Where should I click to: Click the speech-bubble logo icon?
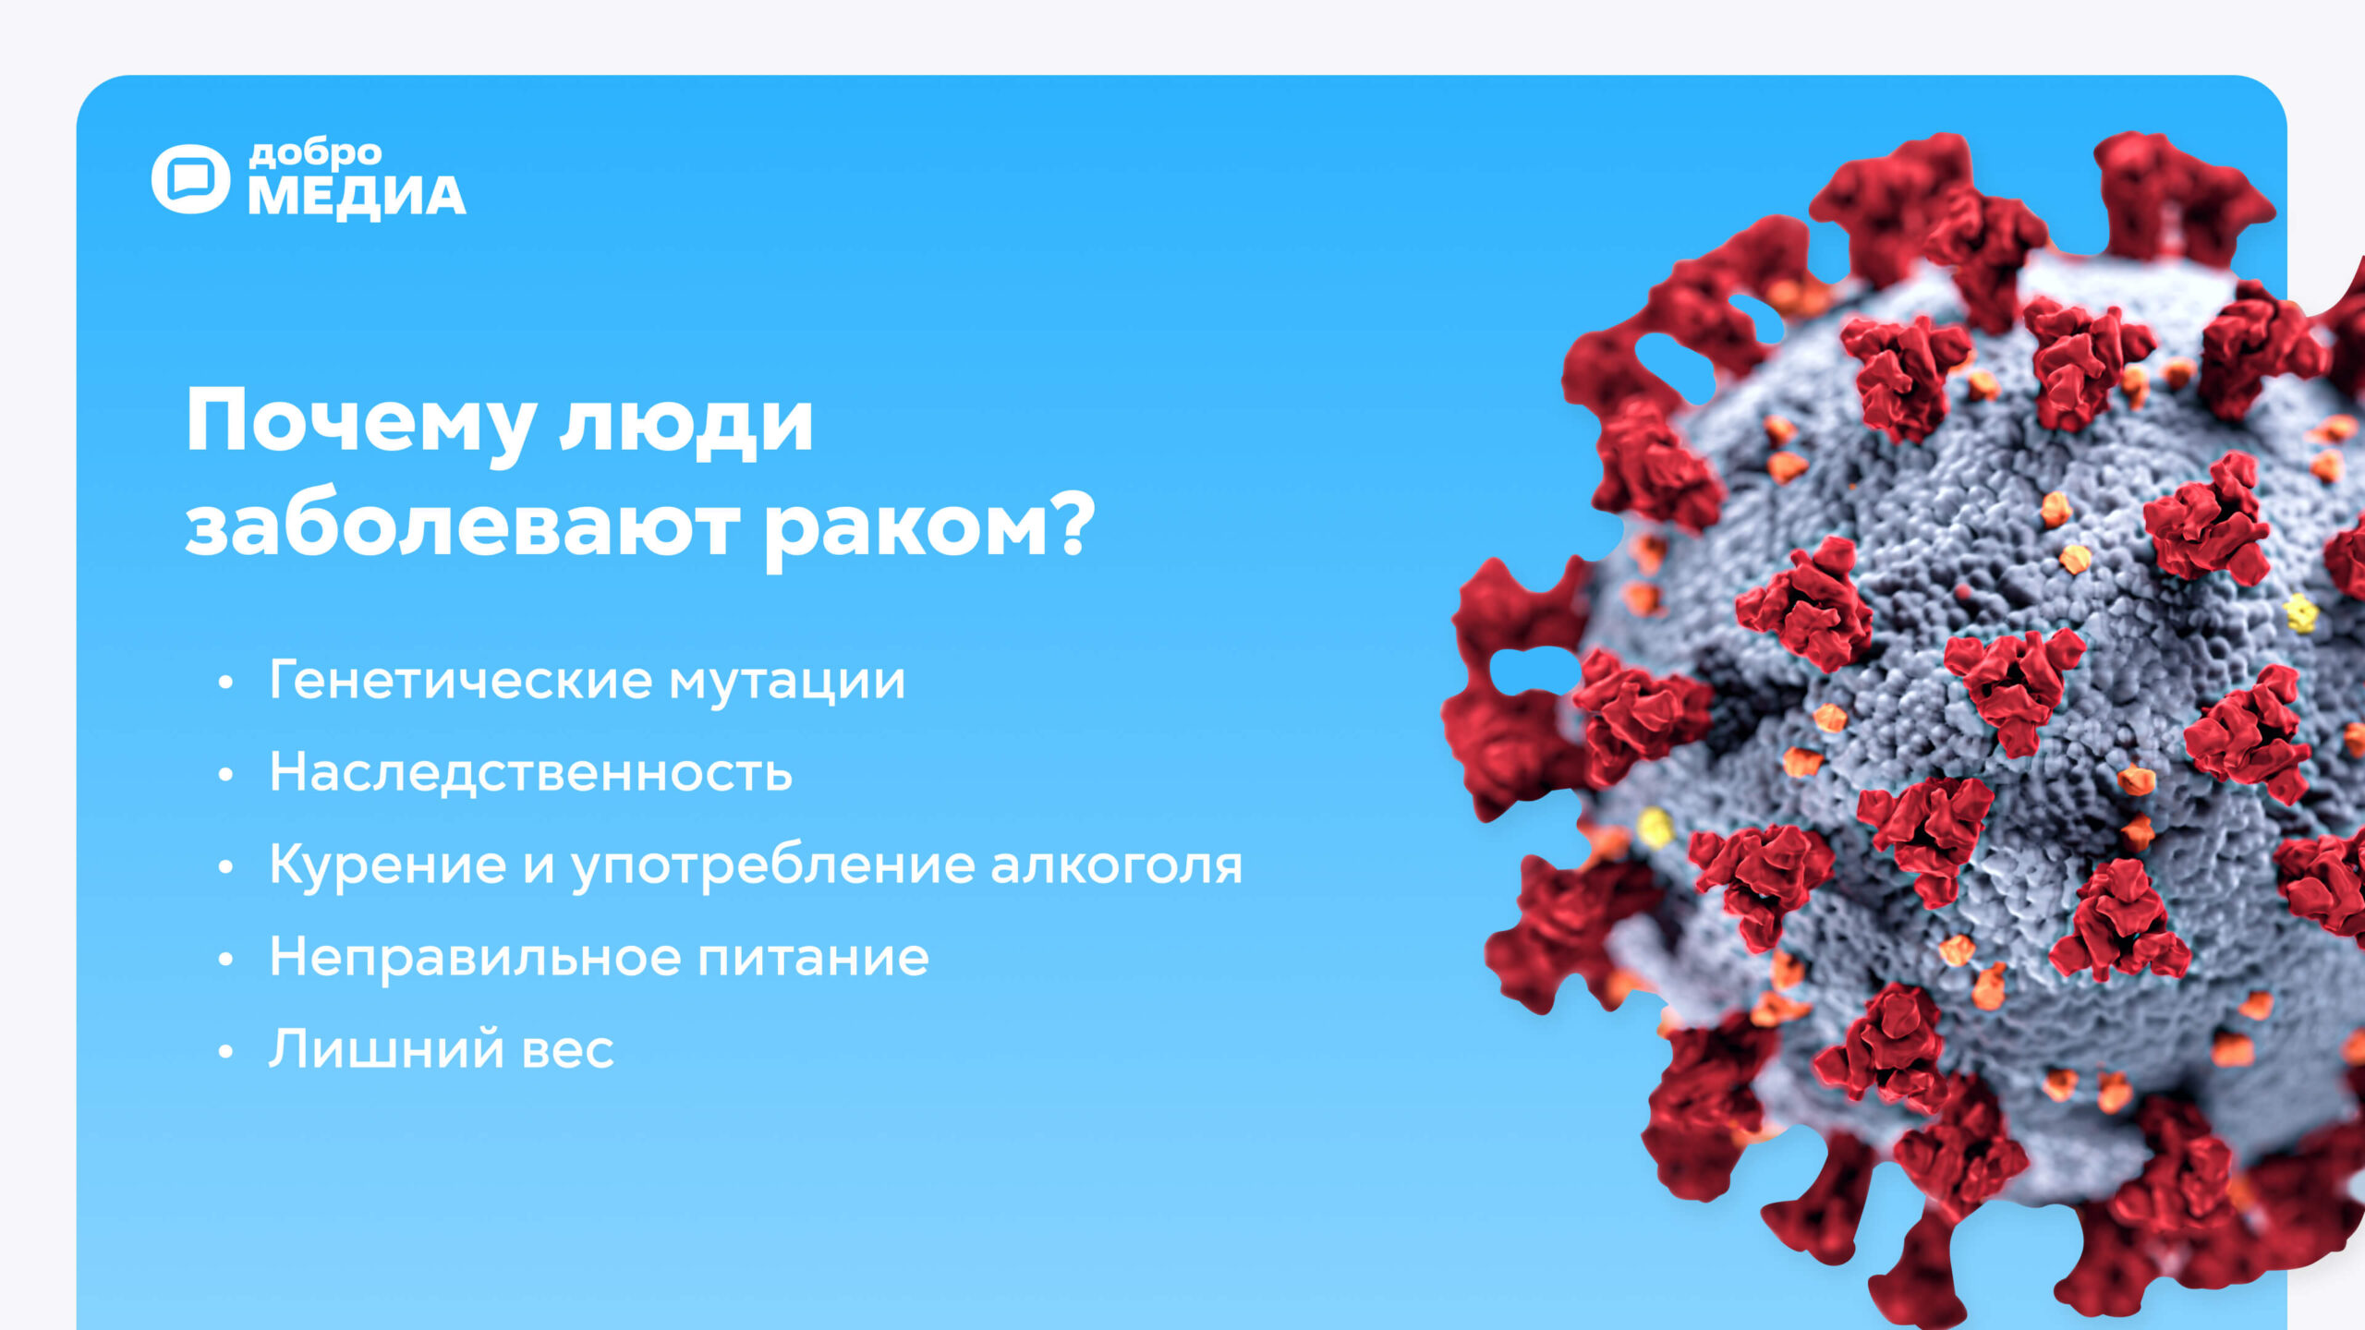click(190, 179)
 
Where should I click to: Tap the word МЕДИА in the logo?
click(357, 197)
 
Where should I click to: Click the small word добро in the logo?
click(315, 153)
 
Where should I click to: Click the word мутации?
click(787, 683)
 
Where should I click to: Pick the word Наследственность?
click(531, 772)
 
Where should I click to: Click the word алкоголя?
click(1117, 866)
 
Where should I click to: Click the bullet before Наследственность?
click(226, 776)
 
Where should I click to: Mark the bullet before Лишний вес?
click(226, 1053)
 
